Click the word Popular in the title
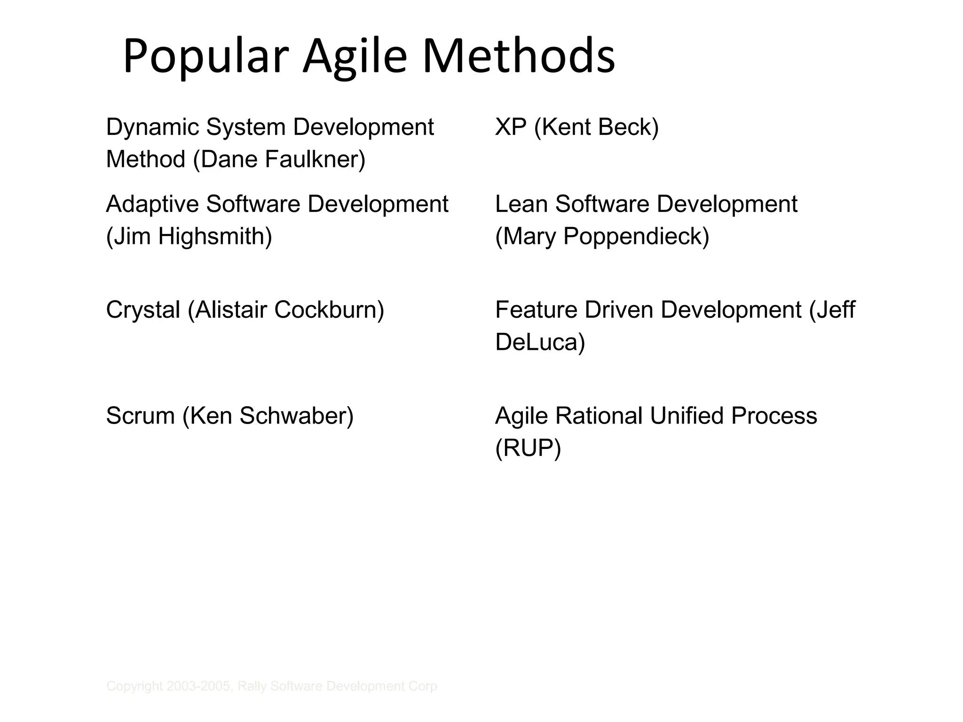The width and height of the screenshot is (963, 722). click(x=205, y=57)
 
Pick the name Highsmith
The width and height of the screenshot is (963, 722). click(x=214, y=236)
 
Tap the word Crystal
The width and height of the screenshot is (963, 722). click(x=143, y=310)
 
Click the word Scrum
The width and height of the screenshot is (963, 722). click(x=140, y=416)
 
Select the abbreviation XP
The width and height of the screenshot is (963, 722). click(x=511, y=127)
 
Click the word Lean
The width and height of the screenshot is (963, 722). click(x=521, y=204)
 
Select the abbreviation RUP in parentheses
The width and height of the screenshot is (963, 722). click(x=528, y=448)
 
